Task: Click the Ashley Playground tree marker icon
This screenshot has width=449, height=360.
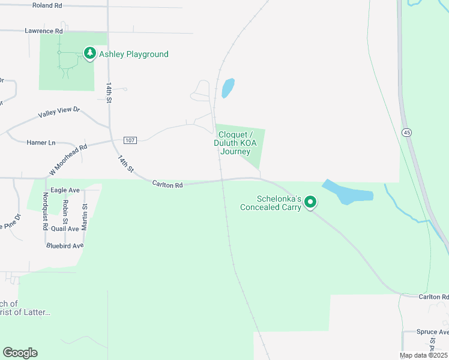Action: point(90,54)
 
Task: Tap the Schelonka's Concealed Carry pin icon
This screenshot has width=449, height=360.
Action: point(310,203)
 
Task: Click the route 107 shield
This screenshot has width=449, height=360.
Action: point(130,140)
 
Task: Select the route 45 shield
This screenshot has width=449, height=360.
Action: point(407,133)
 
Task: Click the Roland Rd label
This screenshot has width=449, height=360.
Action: point(47,5)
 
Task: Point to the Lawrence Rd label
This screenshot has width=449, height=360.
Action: point(44,31)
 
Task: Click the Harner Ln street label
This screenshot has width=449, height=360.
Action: point(41,143)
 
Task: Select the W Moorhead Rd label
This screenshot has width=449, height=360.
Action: point(68,160)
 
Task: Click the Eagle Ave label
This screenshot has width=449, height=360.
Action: point(65,190)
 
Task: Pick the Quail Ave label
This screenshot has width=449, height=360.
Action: point(65,229)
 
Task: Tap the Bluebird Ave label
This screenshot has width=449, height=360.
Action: point(65,246)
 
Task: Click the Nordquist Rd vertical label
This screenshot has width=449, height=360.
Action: point(45,211)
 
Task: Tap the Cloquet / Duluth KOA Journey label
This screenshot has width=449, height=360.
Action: point(235,143)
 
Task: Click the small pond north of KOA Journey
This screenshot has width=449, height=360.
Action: point(228,88)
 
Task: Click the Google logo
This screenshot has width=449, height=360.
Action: point(20,353)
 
